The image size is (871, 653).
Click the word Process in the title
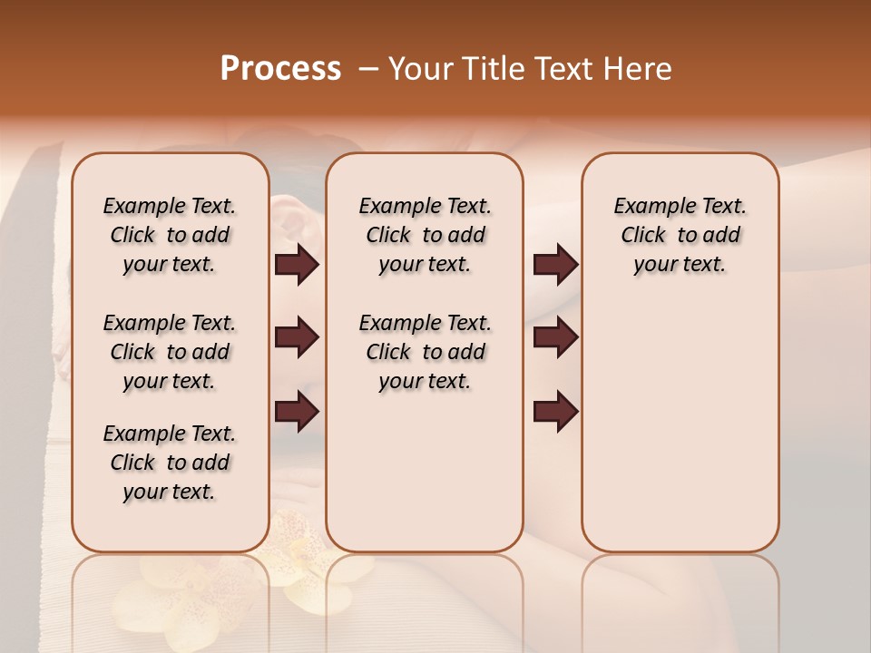(280, 69)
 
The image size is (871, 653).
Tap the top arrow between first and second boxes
(297, 265)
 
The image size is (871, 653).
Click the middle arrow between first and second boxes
(297, 338)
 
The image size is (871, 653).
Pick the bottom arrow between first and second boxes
(297, 412)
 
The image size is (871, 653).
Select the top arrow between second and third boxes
(555, 265)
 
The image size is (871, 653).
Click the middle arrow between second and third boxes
(555, 338)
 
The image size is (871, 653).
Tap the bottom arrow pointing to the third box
(555, 412)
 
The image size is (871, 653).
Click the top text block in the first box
(170, 235)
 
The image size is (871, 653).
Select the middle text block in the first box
(170, 352)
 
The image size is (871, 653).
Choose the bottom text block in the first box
(170, 463)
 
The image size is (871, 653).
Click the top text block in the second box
(425, 235)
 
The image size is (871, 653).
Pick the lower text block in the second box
(425, 352)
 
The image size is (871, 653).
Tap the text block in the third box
(680, 235)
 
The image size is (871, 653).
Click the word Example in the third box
(649, 206)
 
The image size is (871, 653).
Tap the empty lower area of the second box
(425, 472)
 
